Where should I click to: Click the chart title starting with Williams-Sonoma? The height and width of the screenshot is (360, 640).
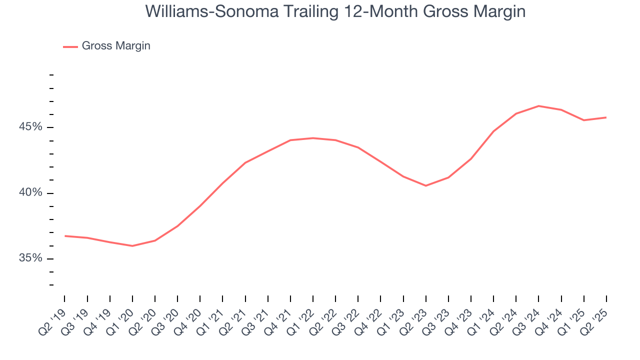coord(335,11)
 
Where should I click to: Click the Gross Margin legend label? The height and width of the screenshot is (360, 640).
coord(116,46)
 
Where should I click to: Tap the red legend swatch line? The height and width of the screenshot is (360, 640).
coord(70,46)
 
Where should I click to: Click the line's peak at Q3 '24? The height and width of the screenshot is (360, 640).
coord(538,106)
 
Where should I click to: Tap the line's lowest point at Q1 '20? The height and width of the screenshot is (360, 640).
coord(132,246)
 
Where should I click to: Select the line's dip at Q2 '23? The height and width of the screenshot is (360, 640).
coord(426,185)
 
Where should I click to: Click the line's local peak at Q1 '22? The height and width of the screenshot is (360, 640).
coord(313,138)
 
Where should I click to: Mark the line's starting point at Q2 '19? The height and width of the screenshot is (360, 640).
coord(65,235)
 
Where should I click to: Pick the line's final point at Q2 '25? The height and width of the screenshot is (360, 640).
coord(606,117)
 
